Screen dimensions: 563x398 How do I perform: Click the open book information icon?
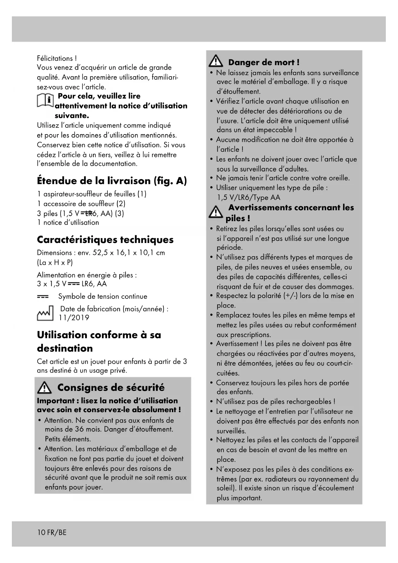(x=45, y=100)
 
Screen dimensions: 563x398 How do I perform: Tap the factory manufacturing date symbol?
(x=45, y=313)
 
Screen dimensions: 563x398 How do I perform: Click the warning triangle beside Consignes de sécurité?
(x=44, y=388)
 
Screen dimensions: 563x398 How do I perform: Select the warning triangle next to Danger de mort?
(x=216, y=61)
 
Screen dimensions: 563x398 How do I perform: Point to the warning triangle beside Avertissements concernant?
(x=216, y=212)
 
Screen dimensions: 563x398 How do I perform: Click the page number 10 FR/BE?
(x=52, y=533)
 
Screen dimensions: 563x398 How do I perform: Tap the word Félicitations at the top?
(x=55, y=58)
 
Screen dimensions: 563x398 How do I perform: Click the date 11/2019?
(x=74, y=318)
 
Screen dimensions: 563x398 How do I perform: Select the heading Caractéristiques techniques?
(x=105, y=240)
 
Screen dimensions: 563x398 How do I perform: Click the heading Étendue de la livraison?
(x=112, y=181)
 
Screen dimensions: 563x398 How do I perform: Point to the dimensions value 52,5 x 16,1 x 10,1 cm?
(x=129, y=253)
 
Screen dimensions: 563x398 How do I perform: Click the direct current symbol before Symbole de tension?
(x=43, y=297)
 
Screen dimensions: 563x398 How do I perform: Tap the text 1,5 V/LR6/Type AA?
(x=248, y=197)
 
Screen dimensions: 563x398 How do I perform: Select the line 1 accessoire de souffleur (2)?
(x=81, y=204)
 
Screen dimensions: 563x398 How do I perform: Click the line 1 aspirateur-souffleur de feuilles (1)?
(x=92, y=194)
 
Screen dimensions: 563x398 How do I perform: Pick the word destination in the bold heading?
(x=65, y=348)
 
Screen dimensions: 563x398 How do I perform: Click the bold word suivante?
(x=72, y=116)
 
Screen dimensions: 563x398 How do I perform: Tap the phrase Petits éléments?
(x=68, y=439)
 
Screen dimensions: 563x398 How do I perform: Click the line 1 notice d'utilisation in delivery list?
(x=68, y=222)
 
